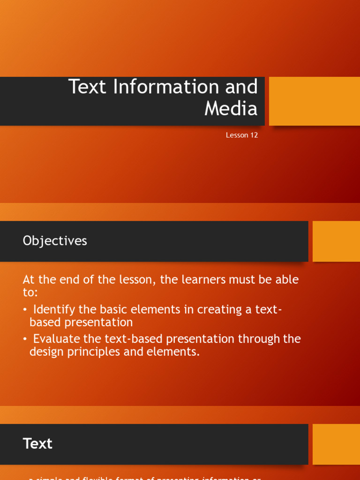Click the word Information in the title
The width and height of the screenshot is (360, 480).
164,87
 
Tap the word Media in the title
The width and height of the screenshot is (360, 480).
231,109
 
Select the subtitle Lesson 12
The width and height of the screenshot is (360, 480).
242,135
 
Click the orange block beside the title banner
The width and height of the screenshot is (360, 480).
314,101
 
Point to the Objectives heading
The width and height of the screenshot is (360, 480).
55,240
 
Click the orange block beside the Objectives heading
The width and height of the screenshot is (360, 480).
336,241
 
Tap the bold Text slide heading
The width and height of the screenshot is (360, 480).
37,443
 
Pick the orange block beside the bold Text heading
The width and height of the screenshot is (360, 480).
336,444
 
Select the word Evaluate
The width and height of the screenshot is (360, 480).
56,339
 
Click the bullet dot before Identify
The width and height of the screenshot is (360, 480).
25,310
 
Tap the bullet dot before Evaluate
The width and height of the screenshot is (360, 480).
25,339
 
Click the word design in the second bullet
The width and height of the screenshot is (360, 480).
46,352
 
